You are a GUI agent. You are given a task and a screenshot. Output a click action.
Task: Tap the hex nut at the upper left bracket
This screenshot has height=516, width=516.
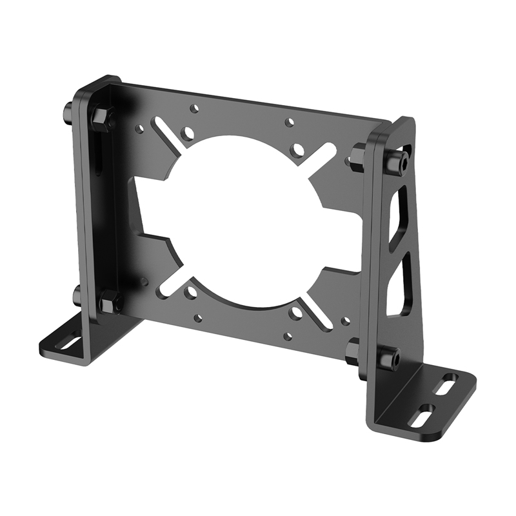coord(102,117)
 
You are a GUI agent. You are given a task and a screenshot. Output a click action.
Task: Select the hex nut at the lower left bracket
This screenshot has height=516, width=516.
coord(110,301)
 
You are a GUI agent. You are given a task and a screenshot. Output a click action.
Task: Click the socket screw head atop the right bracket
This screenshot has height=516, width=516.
coord(395,162)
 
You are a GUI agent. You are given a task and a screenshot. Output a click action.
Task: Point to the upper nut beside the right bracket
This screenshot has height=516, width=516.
coord(357,157)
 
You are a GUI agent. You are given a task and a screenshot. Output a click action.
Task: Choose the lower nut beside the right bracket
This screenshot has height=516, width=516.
coord(352,351)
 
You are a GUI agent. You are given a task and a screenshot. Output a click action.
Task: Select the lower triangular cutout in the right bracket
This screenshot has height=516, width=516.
coord(397,287)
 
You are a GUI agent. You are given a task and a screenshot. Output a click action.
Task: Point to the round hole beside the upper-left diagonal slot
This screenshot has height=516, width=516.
coord(188,134)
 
